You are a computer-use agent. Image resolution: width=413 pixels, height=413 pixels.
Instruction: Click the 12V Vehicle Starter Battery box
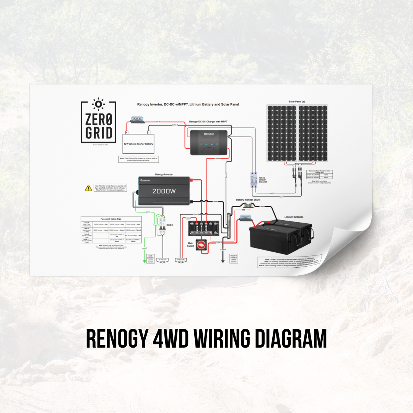(138, 144)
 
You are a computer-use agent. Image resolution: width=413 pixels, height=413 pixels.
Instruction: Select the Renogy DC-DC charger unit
(209, 143)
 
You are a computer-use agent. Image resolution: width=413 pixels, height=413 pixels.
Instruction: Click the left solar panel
(282, 133)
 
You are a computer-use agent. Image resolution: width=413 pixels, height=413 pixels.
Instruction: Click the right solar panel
(313, 133)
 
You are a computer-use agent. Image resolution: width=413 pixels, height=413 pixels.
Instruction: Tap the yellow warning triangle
(88, 188)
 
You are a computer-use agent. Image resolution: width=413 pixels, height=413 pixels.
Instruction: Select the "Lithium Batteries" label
(294, 217)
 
